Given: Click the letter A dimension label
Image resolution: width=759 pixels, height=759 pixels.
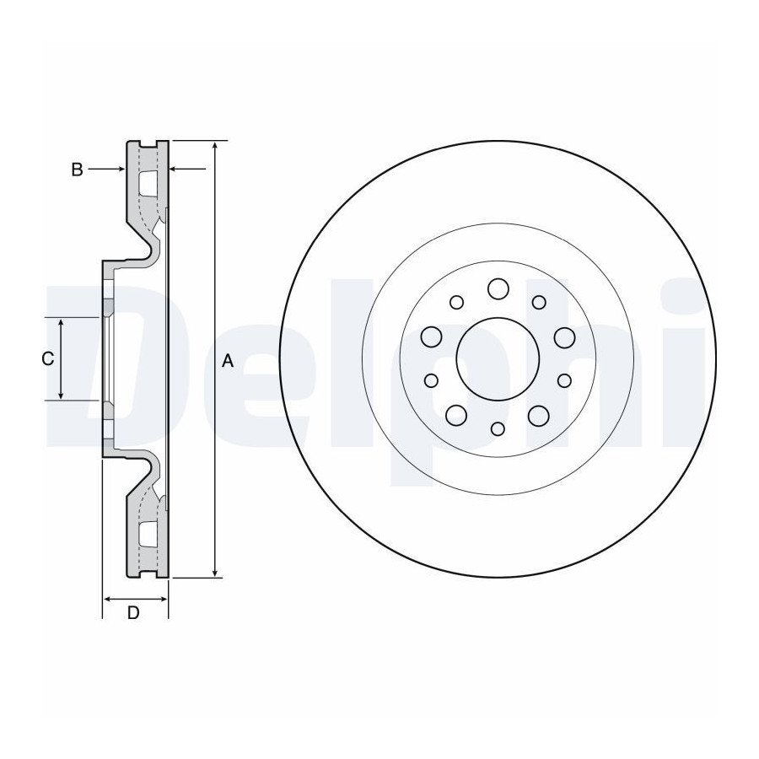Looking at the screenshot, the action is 228,361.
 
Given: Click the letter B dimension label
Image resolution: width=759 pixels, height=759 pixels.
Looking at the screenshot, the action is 77,170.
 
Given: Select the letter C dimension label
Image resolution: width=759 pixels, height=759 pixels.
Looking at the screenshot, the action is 47,359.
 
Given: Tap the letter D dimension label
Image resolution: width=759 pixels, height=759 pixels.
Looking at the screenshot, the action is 133,613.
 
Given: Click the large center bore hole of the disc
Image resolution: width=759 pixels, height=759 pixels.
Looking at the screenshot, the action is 498,358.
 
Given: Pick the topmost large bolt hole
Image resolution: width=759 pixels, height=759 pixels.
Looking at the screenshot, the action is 498,289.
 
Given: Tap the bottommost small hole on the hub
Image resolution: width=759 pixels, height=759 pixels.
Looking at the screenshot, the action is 498,429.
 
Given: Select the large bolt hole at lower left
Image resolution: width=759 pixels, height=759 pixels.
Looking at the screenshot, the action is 456,415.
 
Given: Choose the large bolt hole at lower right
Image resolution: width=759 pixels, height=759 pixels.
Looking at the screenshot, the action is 539,415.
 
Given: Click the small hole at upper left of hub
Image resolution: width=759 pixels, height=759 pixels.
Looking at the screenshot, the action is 456,303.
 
